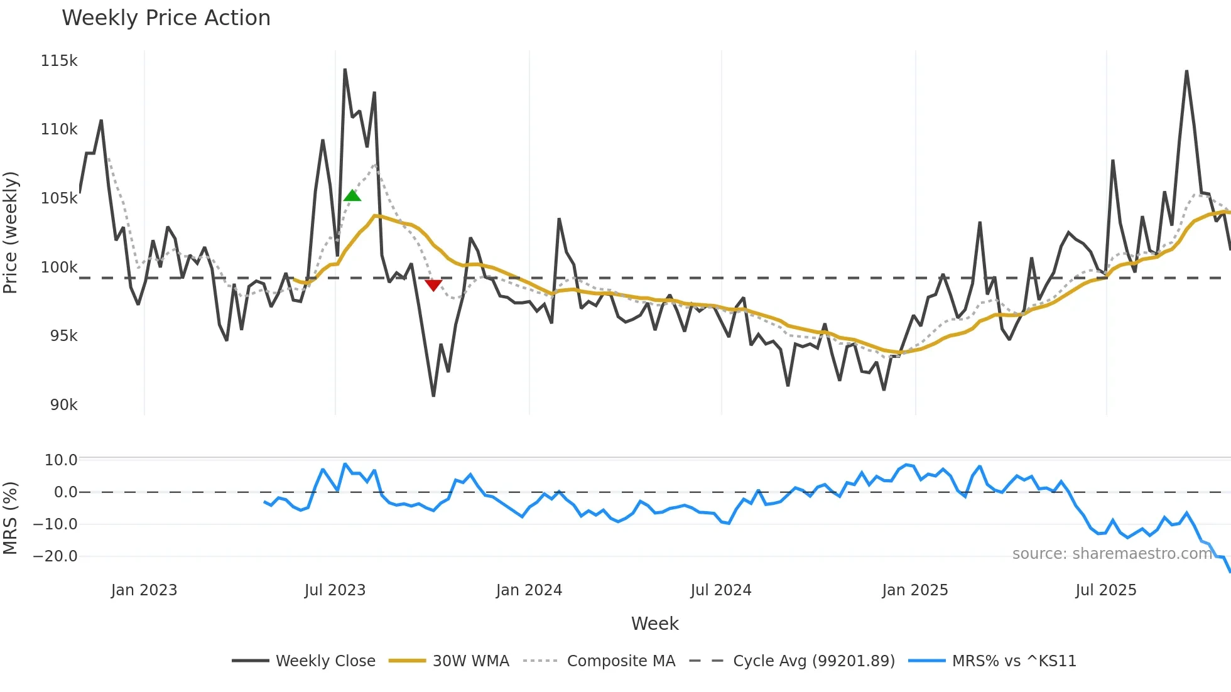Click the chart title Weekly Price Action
(x=166, y=18)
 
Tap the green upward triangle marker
(x=352, y=196)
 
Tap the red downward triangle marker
(x=433, y=285)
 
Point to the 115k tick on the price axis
(x=59, y=61)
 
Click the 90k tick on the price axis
(x=63, y=405)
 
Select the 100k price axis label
(x=59, y=268)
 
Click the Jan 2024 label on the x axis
(x=529, y=590)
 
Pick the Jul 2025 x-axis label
(x=1105, y=590)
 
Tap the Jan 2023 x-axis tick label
(x=144, y=590)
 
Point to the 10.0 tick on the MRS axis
(x=61, y=460)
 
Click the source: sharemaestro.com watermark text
(x=1112, y=554)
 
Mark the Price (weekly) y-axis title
(x=11, y=232)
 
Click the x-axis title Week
(x=654, y=624)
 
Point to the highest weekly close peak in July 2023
(x=345, y=70)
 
